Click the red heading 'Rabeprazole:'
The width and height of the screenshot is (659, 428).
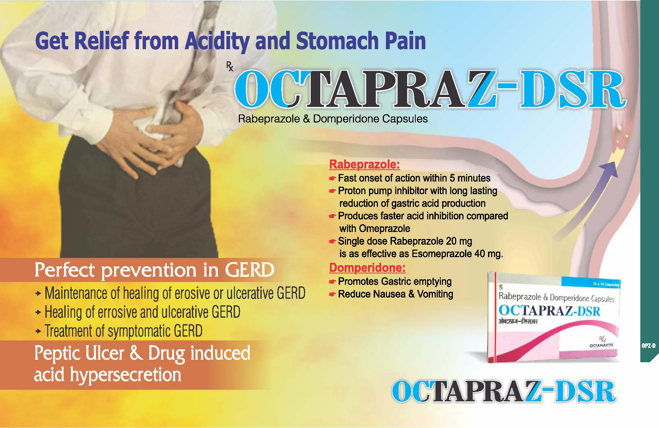(364, 165)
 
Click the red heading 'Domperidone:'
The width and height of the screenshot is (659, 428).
(367, 268)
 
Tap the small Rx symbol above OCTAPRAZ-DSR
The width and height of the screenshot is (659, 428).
(230, 66)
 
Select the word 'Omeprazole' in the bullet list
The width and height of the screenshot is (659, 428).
(385, 229)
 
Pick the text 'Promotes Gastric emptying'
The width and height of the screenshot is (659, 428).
(395, 281)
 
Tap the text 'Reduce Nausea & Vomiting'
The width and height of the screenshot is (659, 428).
(396, 294)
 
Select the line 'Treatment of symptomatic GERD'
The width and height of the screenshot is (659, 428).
(123, 331)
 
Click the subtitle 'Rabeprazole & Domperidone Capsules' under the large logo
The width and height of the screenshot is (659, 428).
(333, 119)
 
